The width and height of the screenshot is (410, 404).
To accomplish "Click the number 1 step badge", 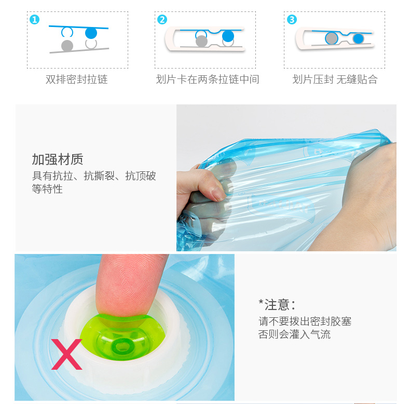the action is click(x=35, y=20).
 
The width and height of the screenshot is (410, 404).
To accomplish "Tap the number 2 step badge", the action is click(x=162, y=20).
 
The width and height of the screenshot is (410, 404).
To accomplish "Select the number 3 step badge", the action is click(x=292, y=20).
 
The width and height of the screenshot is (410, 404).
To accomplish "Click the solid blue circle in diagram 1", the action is click(x=91, y=33).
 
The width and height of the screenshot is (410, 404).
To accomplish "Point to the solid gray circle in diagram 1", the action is click(x=67, y=46).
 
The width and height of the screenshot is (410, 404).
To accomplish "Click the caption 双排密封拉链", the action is click(x=77, y=79).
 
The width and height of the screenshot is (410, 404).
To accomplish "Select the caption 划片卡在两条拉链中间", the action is click(x=208, y=79).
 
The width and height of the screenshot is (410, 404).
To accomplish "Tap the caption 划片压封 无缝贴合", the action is click(x=335, y=79).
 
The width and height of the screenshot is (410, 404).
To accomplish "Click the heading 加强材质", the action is click(x=58, y=159).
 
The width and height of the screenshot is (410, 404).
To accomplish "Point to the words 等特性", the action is click(x=47, y=189).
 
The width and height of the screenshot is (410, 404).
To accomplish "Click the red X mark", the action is click(x=66, y=354).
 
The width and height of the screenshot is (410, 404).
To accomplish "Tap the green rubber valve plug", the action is click(x=123, y=338).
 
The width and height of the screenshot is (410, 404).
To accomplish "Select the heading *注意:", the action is click(x=277, y=305).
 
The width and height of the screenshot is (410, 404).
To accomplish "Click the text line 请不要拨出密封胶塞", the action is click(x=305, y=321).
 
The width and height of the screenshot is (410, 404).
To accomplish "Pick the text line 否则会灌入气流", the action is click(x=294, y=334).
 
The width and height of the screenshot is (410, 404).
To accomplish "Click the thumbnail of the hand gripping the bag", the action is click(x=286, y=178).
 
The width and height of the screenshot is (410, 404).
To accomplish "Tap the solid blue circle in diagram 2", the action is click(x=228, y=36).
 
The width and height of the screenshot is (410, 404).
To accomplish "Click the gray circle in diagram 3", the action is click(x=332, y=38).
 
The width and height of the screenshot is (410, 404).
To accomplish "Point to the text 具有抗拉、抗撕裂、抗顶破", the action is click(x=94, y=176).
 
